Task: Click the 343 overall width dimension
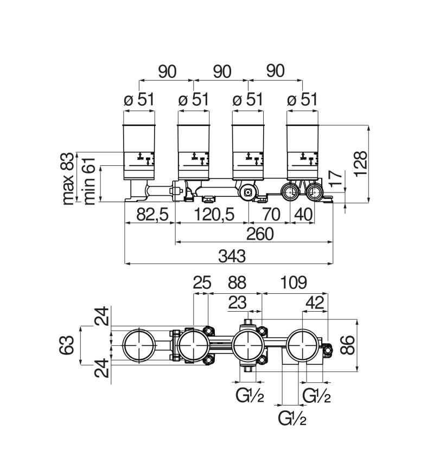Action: pyautogui.click(x=232, y=256)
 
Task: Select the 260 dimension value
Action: pyautogui.click(x=260, y=234)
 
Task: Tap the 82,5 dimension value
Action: pyautogui.click(x=152, y=215)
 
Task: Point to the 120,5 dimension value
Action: pyautogui.click(x=214, y=215)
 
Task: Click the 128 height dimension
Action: pyautogui.click(x=361, y=163)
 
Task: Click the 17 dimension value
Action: pyautogui.click(x=335, y=178)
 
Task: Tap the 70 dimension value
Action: pyautogui.click(x=271, y=215)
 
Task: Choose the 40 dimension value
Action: pyautogui.click(x=303, y=215)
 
